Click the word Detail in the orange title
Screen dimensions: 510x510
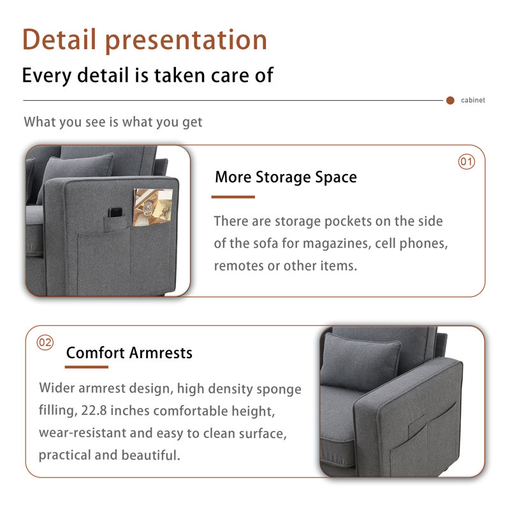coord(59,40)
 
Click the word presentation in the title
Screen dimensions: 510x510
coord(186,41)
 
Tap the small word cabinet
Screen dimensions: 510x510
coord(472,100)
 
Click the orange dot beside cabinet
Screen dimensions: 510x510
coord(450,101)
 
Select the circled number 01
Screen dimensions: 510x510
coord(467,162)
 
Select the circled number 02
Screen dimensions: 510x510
coord(45,342)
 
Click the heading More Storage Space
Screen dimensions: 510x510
coord(286,177)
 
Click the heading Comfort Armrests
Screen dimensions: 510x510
coord(129,353)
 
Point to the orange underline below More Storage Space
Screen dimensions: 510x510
coord(233,197)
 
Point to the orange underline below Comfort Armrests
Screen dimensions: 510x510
coord(87,367)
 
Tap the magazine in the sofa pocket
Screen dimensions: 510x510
coord(153,207)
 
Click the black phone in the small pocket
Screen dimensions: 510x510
coord(115,212)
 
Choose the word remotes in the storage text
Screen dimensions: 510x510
coord(238,266)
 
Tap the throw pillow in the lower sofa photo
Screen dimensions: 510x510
coord(361,361)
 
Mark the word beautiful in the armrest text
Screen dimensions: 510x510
coord(151,455)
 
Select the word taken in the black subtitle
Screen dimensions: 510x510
coord(180,75)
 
